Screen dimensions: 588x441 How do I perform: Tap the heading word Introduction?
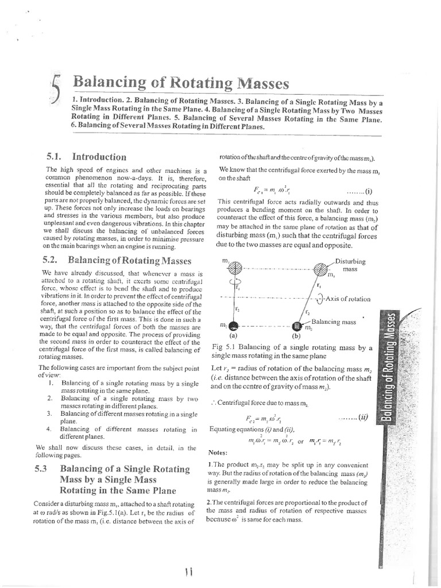(x=99, y=156)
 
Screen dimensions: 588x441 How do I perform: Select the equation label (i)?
(x=368, y=192)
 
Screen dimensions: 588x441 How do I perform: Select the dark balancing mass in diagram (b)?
(x=297, y=326)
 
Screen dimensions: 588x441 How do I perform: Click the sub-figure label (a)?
(x=233, y=336)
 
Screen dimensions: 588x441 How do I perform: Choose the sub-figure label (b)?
(x=296, y=336)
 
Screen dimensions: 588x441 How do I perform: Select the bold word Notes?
(x=219, y=453)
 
